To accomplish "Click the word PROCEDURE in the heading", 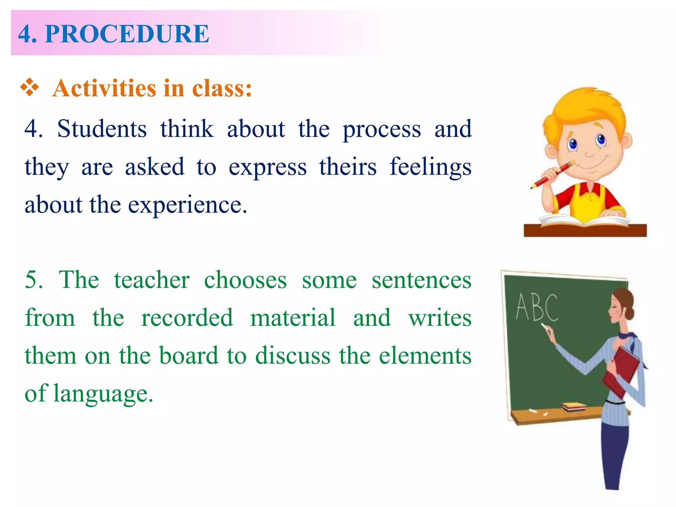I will point(127,34).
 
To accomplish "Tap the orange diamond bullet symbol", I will point(30,87).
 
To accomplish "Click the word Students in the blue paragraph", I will point(102,129).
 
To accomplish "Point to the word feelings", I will point(430,167).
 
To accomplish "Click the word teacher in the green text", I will point(152,280).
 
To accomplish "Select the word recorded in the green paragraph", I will point(187,318).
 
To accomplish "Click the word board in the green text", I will point(189,356).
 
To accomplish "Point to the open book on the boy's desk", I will point(584,220).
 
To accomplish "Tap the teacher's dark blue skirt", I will point(614,456).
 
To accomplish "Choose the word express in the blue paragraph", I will point(268,167).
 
